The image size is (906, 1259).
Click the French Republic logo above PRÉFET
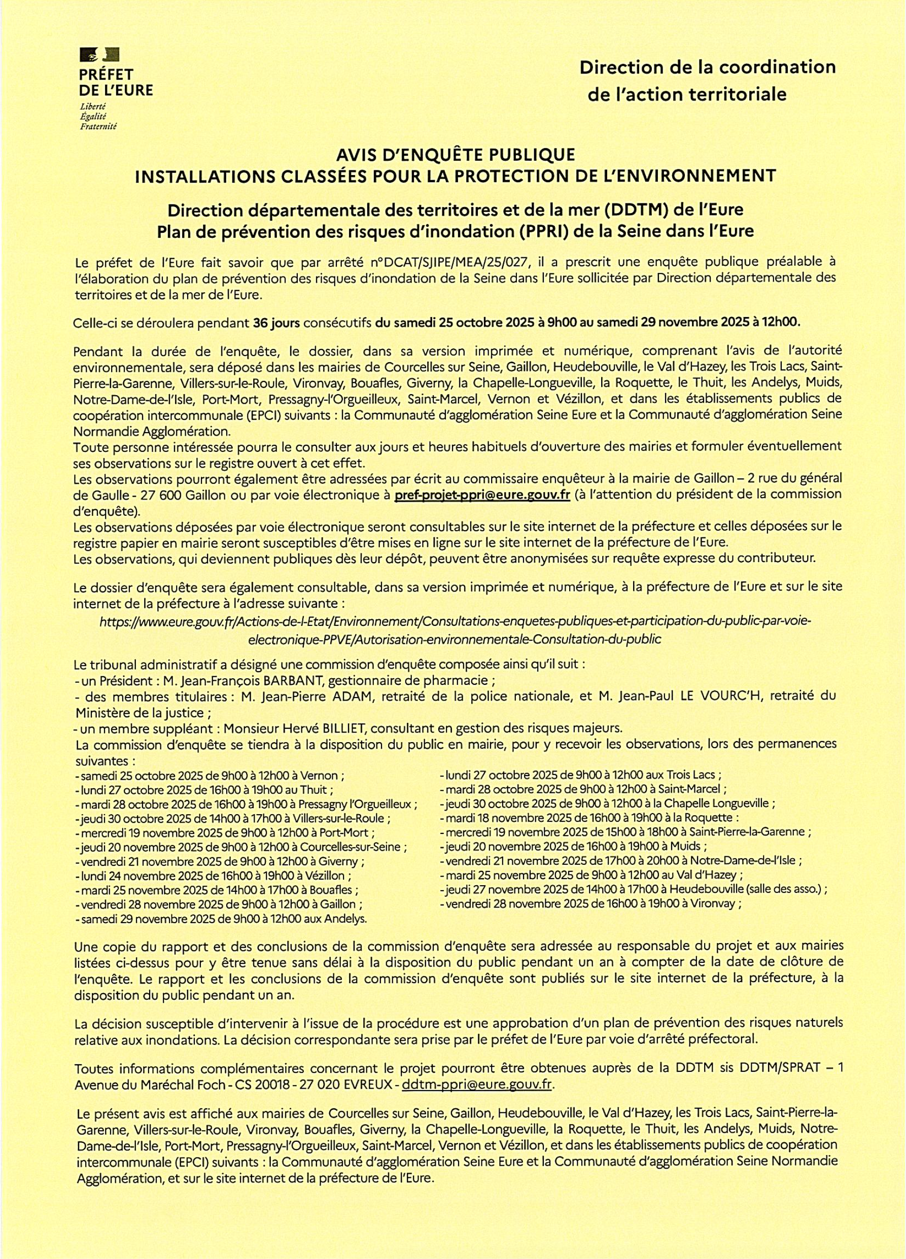click(x=100, y=54)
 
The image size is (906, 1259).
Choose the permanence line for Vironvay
click(x=590, y=904)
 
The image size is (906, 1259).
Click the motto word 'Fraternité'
click(x=98, y=126)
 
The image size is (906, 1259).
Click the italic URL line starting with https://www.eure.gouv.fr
click(x=455, y=621)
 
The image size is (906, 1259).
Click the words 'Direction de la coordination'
click(x=707, y=67)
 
